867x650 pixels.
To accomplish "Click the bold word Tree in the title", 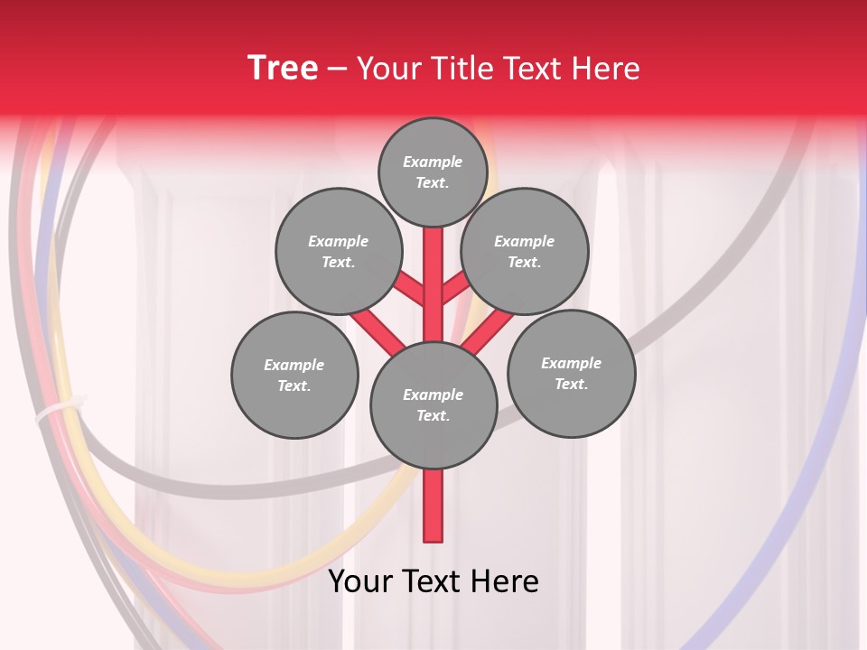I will click(x=283, y=69).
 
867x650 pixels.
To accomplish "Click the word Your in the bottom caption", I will click(x=361, y=582).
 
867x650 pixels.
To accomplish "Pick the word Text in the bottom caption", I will click(x=434, y=582).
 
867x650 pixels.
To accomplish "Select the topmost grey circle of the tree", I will click(x=433, y=172).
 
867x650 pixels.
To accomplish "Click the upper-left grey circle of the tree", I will click(x=339, y=251).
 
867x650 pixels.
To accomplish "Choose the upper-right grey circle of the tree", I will click(x=525, y=251).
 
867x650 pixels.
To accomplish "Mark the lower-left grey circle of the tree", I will click(x=294, y=375).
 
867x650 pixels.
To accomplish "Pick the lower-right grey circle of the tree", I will click(x=571, y=373).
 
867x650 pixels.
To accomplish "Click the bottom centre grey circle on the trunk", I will click(x=433, y=404).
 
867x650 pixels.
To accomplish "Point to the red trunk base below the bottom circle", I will click(x=433, y=506).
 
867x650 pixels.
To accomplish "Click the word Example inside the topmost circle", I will click(x=433, y=162).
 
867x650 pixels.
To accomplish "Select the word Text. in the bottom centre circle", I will click(x=433, y=415).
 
